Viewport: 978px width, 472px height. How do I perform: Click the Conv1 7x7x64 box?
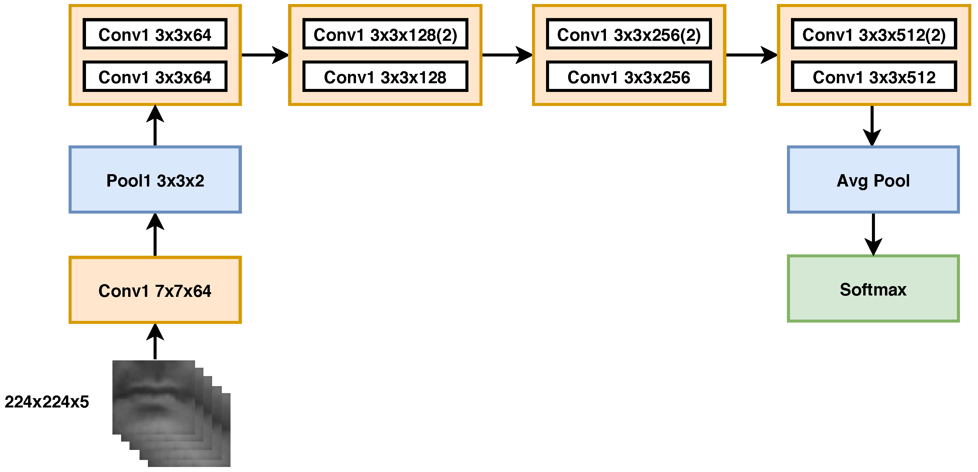(x=155, y=290)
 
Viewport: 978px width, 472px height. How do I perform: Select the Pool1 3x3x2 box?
(x=155, y=180)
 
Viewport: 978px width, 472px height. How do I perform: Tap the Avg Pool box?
(x=873, y=180)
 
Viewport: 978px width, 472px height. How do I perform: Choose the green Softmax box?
(x=873, y=289)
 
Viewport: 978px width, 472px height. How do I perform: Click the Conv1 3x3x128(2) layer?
(x=385, y=34)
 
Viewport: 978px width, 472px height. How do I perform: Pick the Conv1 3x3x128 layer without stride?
(x=385, y=77)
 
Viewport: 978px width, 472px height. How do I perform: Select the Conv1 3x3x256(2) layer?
(x=628, y=34)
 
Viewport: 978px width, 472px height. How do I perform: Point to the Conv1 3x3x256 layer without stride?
(x=628, y=77)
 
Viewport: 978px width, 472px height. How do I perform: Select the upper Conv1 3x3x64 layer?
(x=155, y=34)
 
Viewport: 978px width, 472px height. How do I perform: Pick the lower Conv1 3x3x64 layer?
(x=155, y=77)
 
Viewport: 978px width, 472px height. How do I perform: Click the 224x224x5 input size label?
(x=47, y=401)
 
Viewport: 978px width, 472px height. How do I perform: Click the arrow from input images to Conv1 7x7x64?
(x=155, y=342)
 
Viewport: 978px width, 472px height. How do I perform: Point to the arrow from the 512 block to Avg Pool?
(x=872, y=125)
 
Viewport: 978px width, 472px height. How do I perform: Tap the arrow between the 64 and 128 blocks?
(x=265, y=55)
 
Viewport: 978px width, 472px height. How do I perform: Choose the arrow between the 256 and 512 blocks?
(x=751, y=55)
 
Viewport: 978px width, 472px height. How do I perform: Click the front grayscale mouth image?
(x=153, y=397)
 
